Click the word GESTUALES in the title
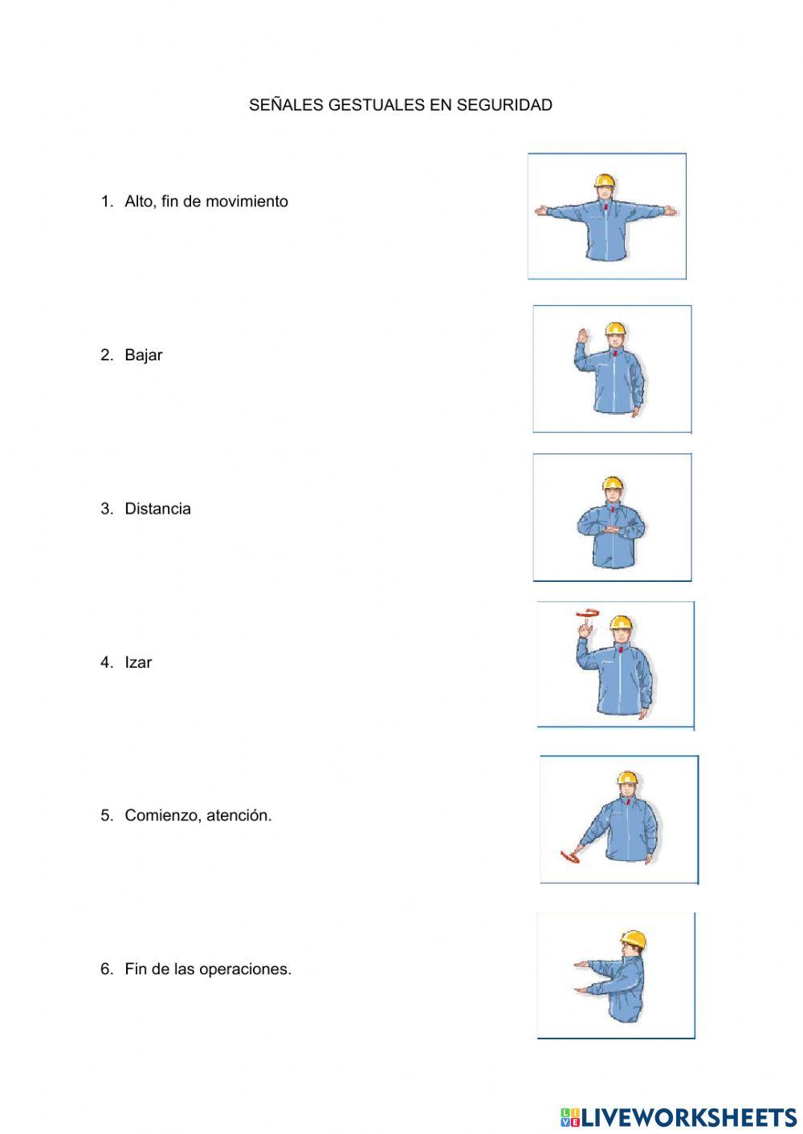[377, 105]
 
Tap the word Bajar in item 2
[144, 356]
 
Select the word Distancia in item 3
[158, 509]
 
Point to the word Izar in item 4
[138, 663]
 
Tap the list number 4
[107, 663]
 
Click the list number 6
[107, 969]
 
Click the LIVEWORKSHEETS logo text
[688, 1117]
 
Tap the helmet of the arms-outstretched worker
[605, 181]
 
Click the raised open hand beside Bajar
[581, 335]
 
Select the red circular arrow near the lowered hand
[569, 859]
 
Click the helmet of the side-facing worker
[634, 940]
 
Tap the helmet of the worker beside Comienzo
[627, 778]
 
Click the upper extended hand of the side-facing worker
[581, 963]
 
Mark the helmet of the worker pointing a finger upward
[621, 623]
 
